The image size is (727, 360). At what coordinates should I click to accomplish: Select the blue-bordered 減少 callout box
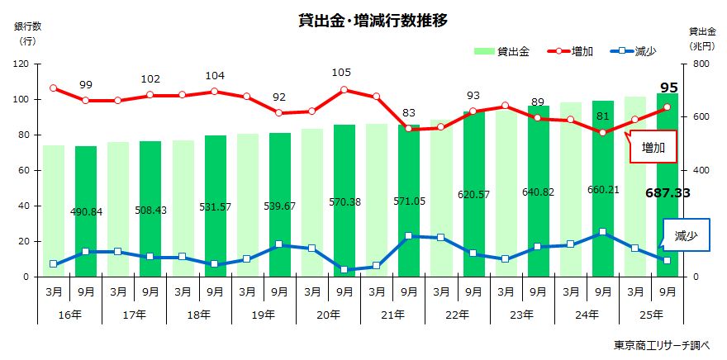(x=685, y=235)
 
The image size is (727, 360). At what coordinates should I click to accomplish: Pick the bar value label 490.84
(x=85, y=211)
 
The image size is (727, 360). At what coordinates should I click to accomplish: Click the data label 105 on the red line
(x=342, y=73)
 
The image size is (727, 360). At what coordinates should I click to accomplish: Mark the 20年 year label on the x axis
(x=329, y=315)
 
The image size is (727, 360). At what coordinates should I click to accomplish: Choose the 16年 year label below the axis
(x=69, y=315)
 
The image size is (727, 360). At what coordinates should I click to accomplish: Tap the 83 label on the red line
(x=409, y=112)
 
